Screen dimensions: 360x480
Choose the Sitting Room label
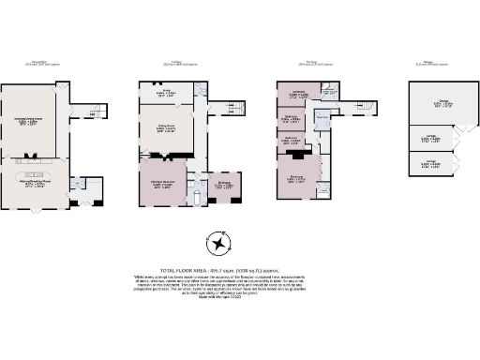pos(165,128)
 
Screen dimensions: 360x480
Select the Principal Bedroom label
pos(163,186)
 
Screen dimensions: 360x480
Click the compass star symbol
pos(219,243)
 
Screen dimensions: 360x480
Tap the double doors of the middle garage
pos(457,141)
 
